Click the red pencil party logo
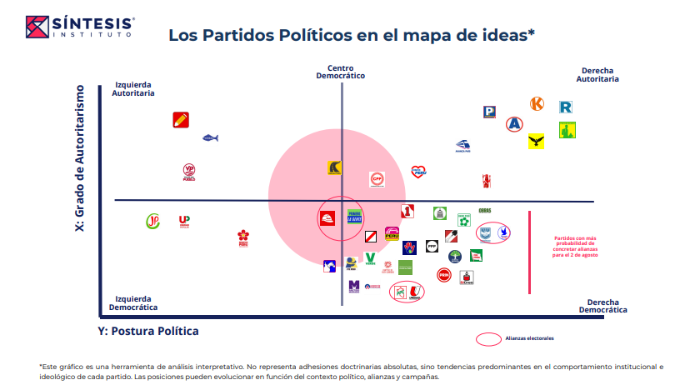pos(180,119)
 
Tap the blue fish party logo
pos(210,137)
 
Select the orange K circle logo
pos(537,104)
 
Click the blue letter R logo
pos(566,107)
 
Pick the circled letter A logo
pos(515,124)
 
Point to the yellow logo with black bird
pos(536,142)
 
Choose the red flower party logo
pos(243,237)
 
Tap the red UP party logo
pos(184,222)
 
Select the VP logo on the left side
pos(189,171)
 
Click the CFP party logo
pos(377,178)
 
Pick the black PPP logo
pos(432,246)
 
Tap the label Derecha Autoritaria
pos(597,75)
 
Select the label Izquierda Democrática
pos(134,302)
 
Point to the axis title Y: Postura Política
pos(148,331)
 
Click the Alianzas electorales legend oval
pos(487,339)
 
